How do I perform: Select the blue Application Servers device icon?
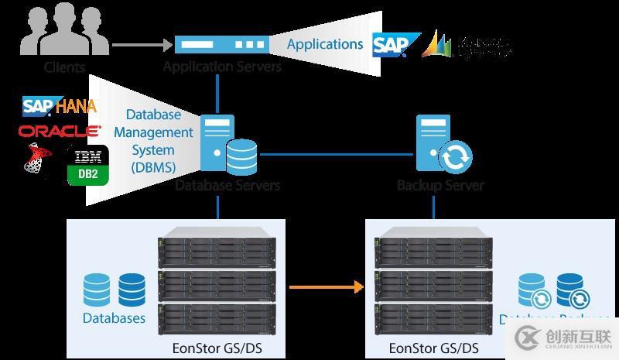221,45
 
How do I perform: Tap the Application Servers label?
222,67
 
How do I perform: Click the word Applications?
325,44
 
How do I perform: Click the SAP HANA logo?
60,106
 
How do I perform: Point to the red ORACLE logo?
60,130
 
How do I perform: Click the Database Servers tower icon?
217,144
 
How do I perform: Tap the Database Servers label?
227,185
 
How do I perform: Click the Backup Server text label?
440,185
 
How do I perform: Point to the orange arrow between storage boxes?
326,287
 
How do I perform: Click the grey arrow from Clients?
139,46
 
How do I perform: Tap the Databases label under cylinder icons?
114,318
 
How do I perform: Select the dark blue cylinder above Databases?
132,290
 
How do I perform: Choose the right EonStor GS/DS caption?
434,348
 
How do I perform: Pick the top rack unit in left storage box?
217,242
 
